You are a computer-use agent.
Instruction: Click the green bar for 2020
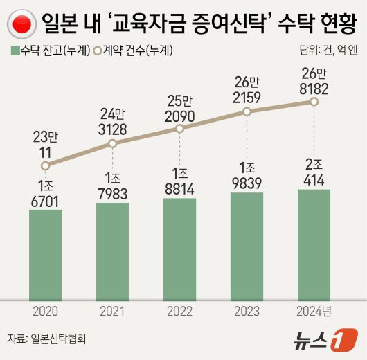point(45,253)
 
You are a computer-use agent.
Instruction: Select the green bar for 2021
point(112,251)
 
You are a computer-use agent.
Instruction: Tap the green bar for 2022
point(179,249)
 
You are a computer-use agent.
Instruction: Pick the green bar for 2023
point(247,246)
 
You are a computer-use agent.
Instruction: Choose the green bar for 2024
point(314,244)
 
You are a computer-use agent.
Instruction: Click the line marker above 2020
point(45,165)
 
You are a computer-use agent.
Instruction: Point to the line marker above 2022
point(179,129)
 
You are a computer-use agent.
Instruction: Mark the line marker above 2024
point(314,102)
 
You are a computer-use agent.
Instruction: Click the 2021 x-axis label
point(112,311)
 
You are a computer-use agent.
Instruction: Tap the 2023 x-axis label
point(247,311)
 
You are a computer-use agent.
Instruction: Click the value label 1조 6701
point(45,192)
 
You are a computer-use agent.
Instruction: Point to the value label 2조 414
point(314,172)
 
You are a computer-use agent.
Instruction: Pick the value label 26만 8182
point(314,80)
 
